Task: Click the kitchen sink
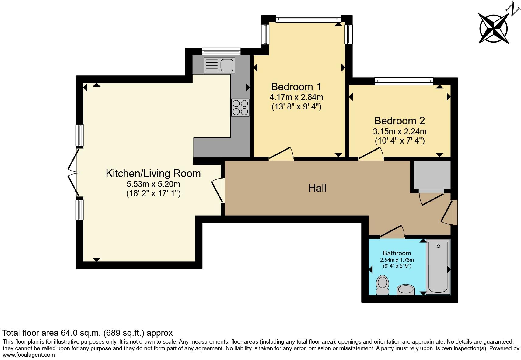click(219, 66)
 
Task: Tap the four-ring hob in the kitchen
click(240, 108)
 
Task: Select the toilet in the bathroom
click(382, 285)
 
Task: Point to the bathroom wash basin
click(406, 289)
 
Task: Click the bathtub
click(438, 267)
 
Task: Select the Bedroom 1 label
click(296, 87)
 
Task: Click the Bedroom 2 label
click(400, 121)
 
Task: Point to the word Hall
click(317, 188)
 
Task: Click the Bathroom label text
click(397, 253)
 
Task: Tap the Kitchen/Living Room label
click(153, 174)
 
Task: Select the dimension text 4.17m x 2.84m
click(296, 97)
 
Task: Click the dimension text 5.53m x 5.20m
click(153, 184)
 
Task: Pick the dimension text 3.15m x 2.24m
click(400, 132)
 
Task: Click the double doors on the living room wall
click(74, 173)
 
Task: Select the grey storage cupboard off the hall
click(432, 176)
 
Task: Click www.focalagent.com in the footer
click(29, 355)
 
